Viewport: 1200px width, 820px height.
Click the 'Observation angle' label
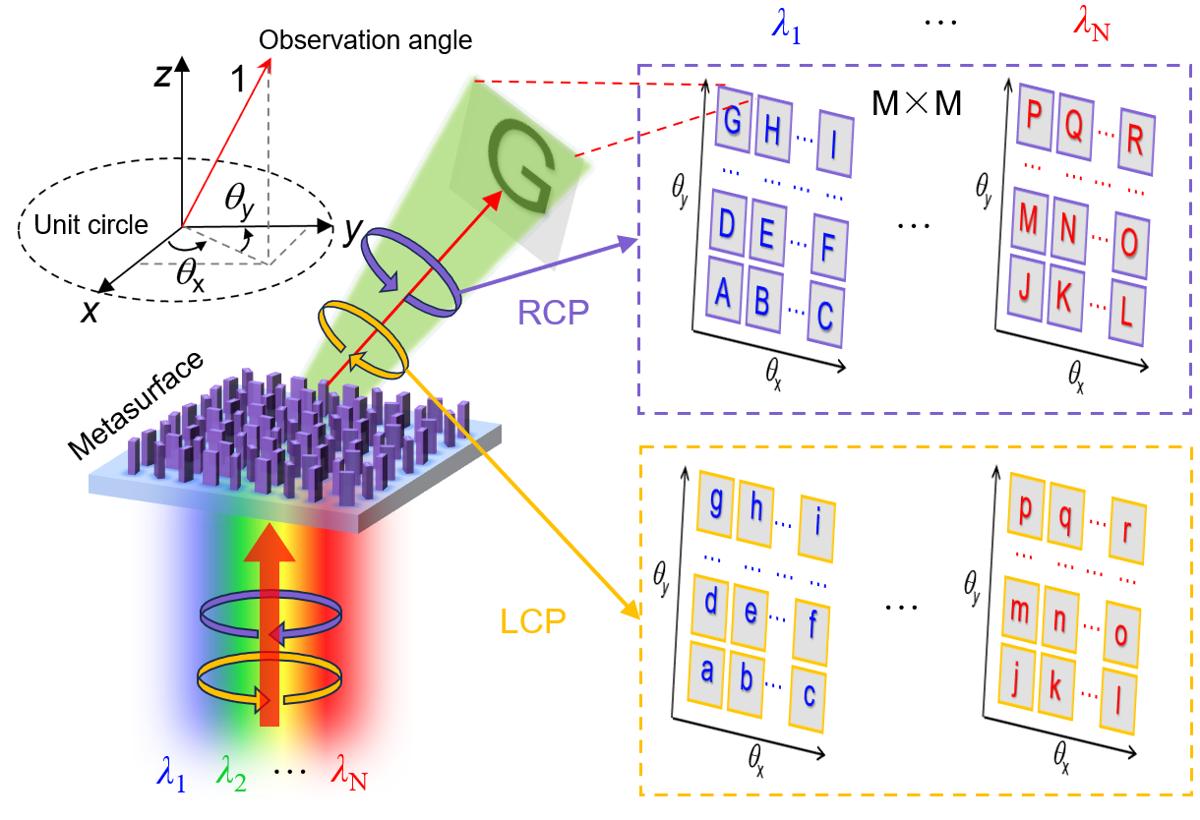[365, 41]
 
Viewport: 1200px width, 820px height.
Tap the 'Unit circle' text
[90, 225]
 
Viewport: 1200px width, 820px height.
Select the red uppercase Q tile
[1074, 125]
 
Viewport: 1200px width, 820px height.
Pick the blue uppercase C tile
[824, 316]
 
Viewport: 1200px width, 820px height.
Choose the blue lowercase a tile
[706, 673]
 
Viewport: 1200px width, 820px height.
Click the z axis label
[163, 78]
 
